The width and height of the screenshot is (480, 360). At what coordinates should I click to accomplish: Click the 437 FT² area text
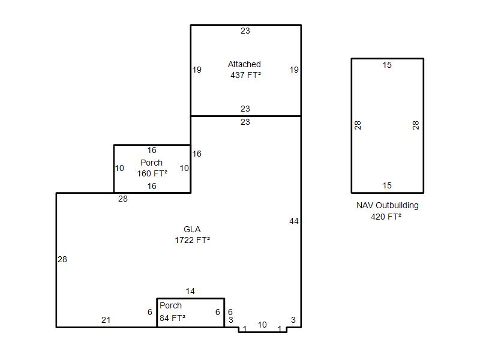point(246,75)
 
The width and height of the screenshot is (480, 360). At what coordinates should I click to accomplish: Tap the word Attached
point(244,64)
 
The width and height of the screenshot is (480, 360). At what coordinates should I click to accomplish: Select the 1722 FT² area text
point(192,240)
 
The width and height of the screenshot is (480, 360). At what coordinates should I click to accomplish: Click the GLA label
point(192,229)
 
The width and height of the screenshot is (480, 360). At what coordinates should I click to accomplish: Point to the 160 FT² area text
point(152,173)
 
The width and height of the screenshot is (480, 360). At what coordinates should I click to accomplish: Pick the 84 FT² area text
point(172,318)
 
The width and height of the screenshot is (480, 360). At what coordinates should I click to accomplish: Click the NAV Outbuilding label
point(387,205)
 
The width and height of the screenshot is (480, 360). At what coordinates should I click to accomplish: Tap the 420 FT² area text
point(386,217)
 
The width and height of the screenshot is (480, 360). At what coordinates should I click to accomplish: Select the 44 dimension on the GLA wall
point(294,221)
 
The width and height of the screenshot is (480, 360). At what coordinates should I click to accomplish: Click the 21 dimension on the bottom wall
point(106,320)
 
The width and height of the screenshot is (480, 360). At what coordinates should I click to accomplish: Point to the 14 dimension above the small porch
point(190,291)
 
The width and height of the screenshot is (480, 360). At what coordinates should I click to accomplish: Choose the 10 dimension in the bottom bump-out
point(262,325)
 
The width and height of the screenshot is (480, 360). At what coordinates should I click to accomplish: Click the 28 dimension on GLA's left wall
point(62,259)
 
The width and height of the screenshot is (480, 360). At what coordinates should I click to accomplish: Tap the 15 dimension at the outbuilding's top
point(387,65)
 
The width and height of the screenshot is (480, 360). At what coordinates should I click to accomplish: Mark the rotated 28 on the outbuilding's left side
point(358,125)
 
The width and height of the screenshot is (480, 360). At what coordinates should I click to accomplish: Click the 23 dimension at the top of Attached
point(245,31)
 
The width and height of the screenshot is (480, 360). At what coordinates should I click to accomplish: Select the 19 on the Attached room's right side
point(294,70)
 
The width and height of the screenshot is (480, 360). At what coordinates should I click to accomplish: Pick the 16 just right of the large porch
point(197,154)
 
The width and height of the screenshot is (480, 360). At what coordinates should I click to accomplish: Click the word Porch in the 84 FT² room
point(170,305)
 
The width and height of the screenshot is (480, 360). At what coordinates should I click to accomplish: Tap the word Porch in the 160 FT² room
point(151,163)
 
